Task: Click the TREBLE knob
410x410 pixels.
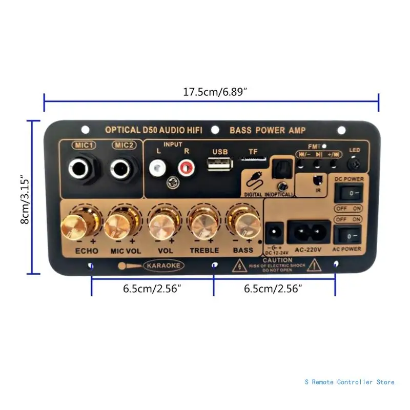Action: pyautogui.click(x=203, y=224)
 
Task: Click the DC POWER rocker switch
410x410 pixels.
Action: pyautogui.click(x=348, y=194)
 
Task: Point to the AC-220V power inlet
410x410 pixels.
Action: pyautogui.click(x=307, y=232)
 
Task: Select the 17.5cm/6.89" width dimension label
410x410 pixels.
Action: pyautogui.click(x=211, y=93)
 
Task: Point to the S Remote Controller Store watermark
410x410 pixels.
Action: pyautogui.click(x=349, y=382)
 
